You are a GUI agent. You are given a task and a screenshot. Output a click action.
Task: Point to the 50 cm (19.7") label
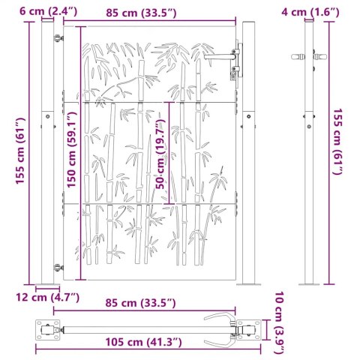[160, 155]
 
